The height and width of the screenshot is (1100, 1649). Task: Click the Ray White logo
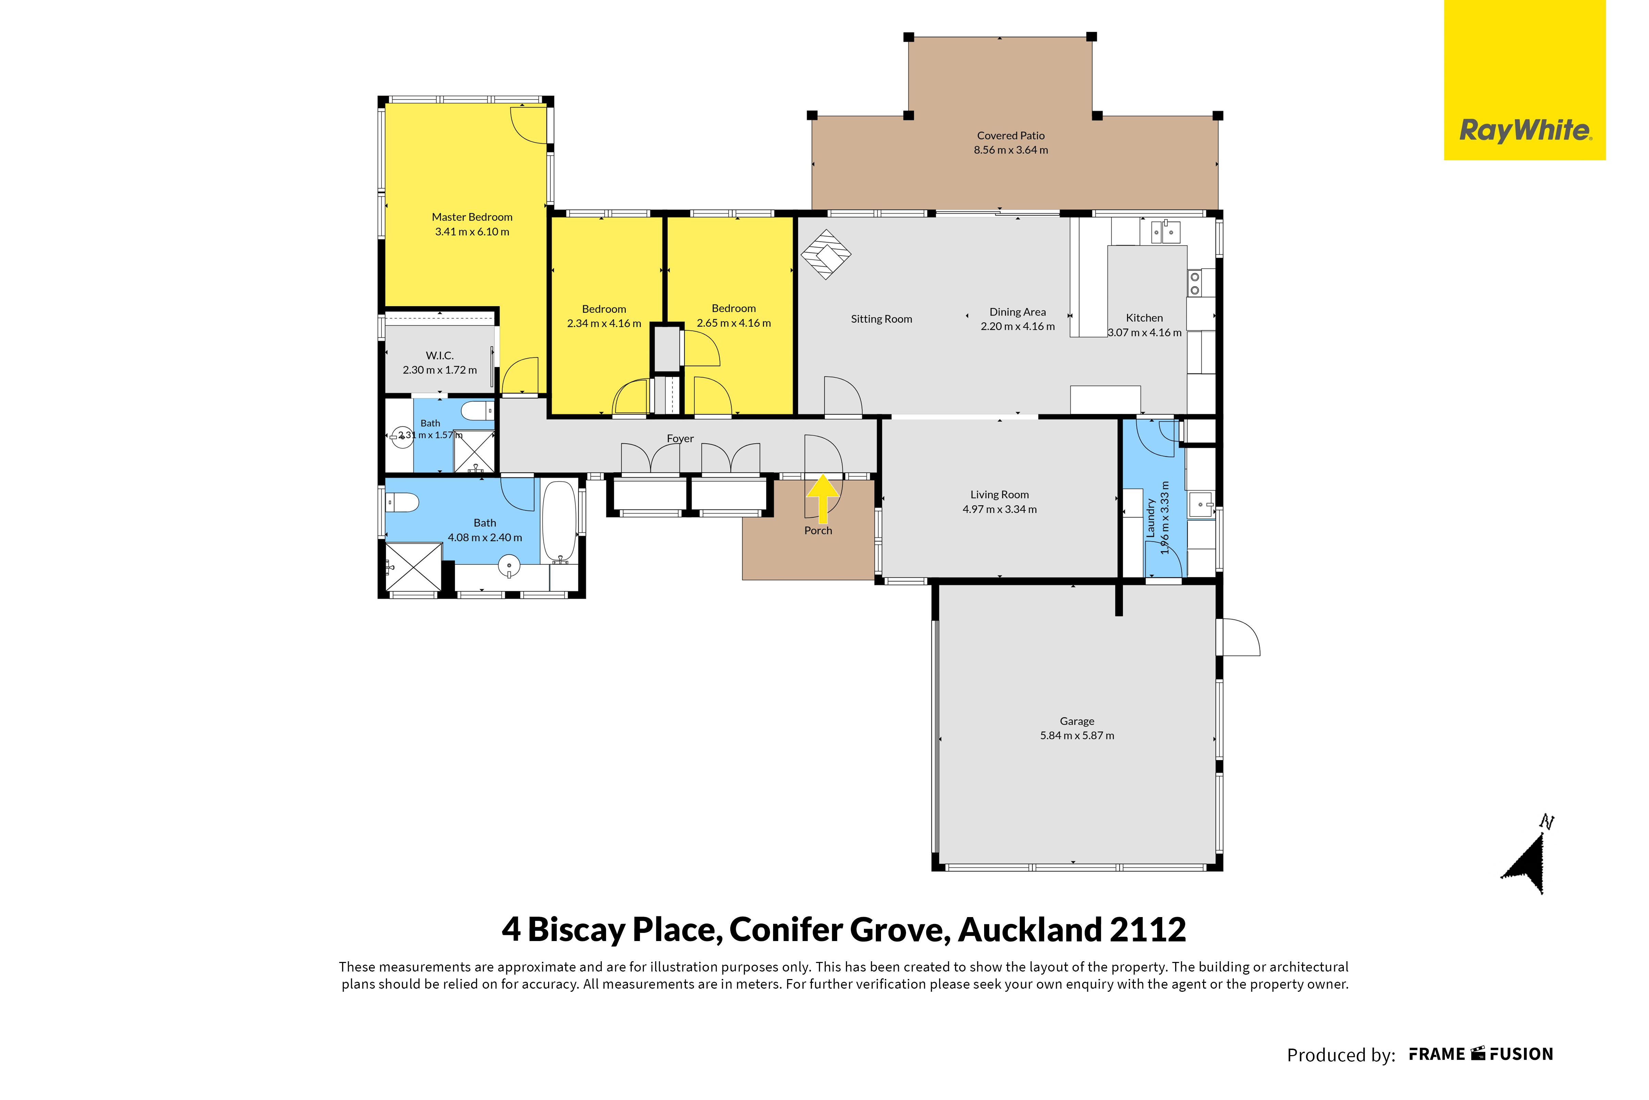tap(1525, 80)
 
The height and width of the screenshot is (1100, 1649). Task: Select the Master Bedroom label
tap(472, 217)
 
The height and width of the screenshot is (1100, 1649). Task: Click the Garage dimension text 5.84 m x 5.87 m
tap(1077, 735)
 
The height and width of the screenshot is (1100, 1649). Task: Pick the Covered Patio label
tap(1011, 135)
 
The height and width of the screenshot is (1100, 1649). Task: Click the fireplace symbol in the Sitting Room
tap(826, 255)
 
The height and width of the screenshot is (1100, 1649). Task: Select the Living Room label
tap(1000, 495)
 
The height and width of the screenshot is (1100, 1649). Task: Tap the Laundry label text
tap(1150, 518)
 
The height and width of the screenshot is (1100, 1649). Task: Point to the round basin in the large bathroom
tap(509, 565)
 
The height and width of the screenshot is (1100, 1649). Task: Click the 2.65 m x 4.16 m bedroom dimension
tap(734, 323)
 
